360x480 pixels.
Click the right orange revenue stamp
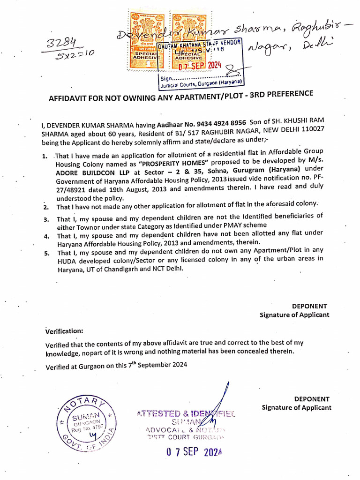(x=186, y=37)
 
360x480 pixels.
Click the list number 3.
(x=46, y=219)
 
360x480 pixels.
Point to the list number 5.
(x=46, y=253)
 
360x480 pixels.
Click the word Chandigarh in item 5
(x=113, y=269)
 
